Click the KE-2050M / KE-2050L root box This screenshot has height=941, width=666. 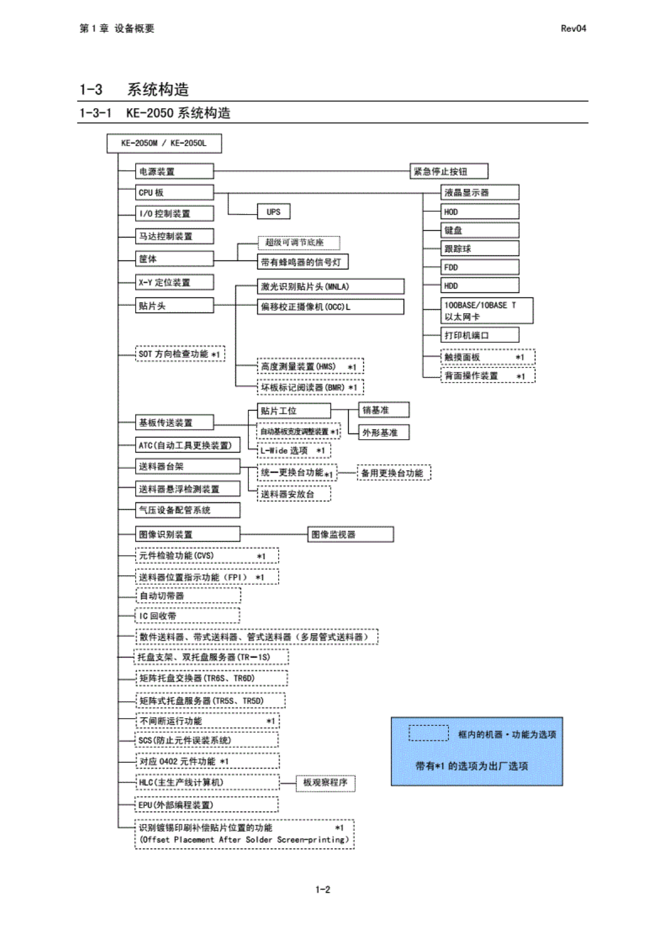(x=164, y=143)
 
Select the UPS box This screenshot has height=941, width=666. (x=274, y=212)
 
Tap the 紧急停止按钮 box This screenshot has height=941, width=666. (x=448, y=171)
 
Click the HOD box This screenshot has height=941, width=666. (x=479, y=212)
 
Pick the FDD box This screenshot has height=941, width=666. (x=479, y=267)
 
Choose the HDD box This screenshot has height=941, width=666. (x=479, y=286)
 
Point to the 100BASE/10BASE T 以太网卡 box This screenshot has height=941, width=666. (x=486, y=311)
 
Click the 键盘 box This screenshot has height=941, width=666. (x=479, y=230)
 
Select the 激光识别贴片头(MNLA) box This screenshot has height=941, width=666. (x=330, y=287)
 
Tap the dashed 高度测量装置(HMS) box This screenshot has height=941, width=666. (x=310, y=367)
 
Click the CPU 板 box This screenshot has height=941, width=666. (x=174, y=193)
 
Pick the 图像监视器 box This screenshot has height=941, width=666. (x=350, y=534)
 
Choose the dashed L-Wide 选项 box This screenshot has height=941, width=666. (x=294, y=450)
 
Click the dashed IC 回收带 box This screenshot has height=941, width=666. (x=188, y=616)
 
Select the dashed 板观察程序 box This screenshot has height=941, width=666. (x=325, y=782)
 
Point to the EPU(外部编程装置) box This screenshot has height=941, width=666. (x=207, y=805)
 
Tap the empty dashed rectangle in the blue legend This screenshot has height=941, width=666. (x=428, y=733)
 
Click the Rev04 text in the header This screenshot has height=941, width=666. (x=573, y=29)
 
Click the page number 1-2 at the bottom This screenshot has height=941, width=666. (x=322, y=889)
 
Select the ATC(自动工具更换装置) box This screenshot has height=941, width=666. (x=187, y=445)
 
